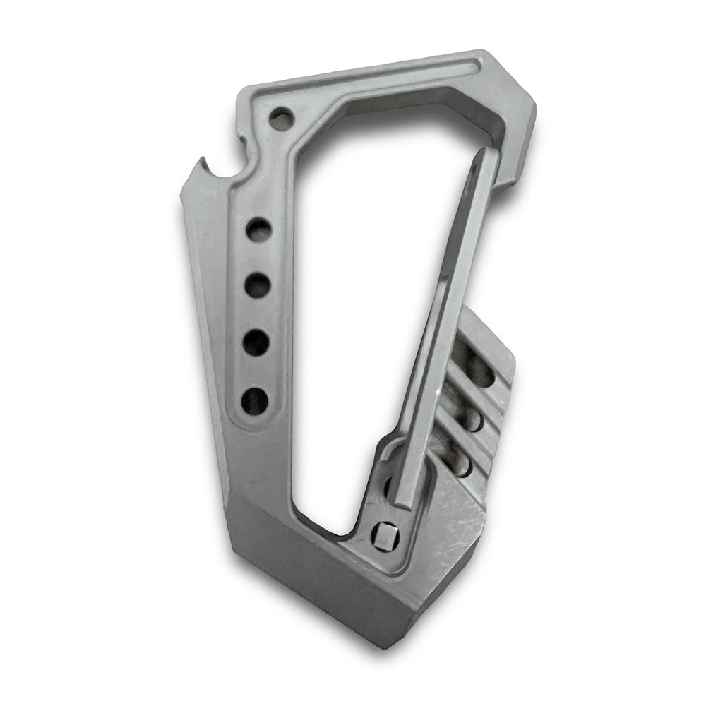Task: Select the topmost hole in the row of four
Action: (x=258, y=231)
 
